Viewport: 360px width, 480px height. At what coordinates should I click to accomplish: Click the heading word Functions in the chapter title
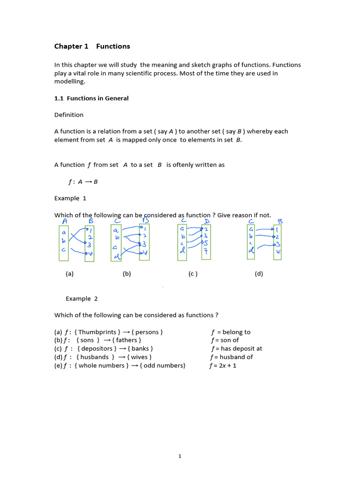coord(113,46)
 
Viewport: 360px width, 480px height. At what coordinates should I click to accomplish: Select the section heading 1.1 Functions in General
coord(91,98)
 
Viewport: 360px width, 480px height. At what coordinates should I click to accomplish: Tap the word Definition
coord(69,115)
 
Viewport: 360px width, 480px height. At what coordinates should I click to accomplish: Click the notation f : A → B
coord(83,182)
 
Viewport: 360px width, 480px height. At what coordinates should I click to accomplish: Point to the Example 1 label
coord(70,198)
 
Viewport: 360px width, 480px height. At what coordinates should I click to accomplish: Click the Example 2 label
coord(82,299)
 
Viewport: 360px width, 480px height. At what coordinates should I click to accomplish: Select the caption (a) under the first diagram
coord(70,274)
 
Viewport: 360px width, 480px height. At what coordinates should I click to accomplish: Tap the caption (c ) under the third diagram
coord(193,274)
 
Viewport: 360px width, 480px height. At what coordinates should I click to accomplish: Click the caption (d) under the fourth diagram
coord(259,274)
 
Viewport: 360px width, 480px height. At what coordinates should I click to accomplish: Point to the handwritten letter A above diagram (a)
coord(65,221)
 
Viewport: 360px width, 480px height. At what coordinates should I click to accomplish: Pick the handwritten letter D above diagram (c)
coord(207,220)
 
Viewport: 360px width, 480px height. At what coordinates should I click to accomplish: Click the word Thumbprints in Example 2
coord(99,332)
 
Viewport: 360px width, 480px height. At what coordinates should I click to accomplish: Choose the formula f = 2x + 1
coord(223,366)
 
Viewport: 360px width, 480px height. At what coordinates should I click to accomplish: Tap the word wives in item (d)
coord(138,357)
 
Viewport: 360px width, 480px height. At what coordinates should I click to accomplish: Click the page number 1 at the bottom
coord(180,456)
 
